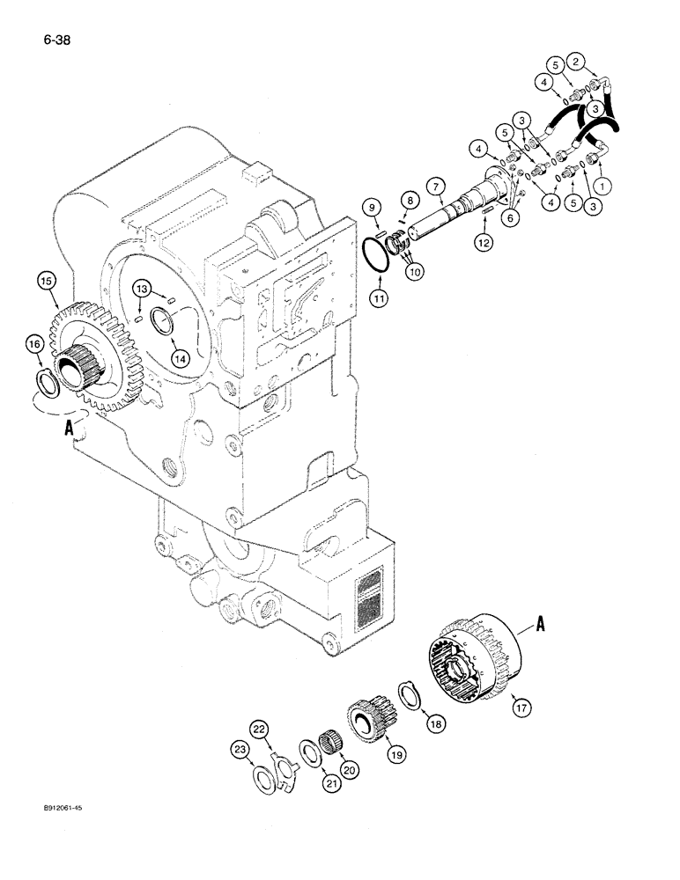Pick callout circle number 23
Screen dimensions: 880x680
point(240,750)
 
